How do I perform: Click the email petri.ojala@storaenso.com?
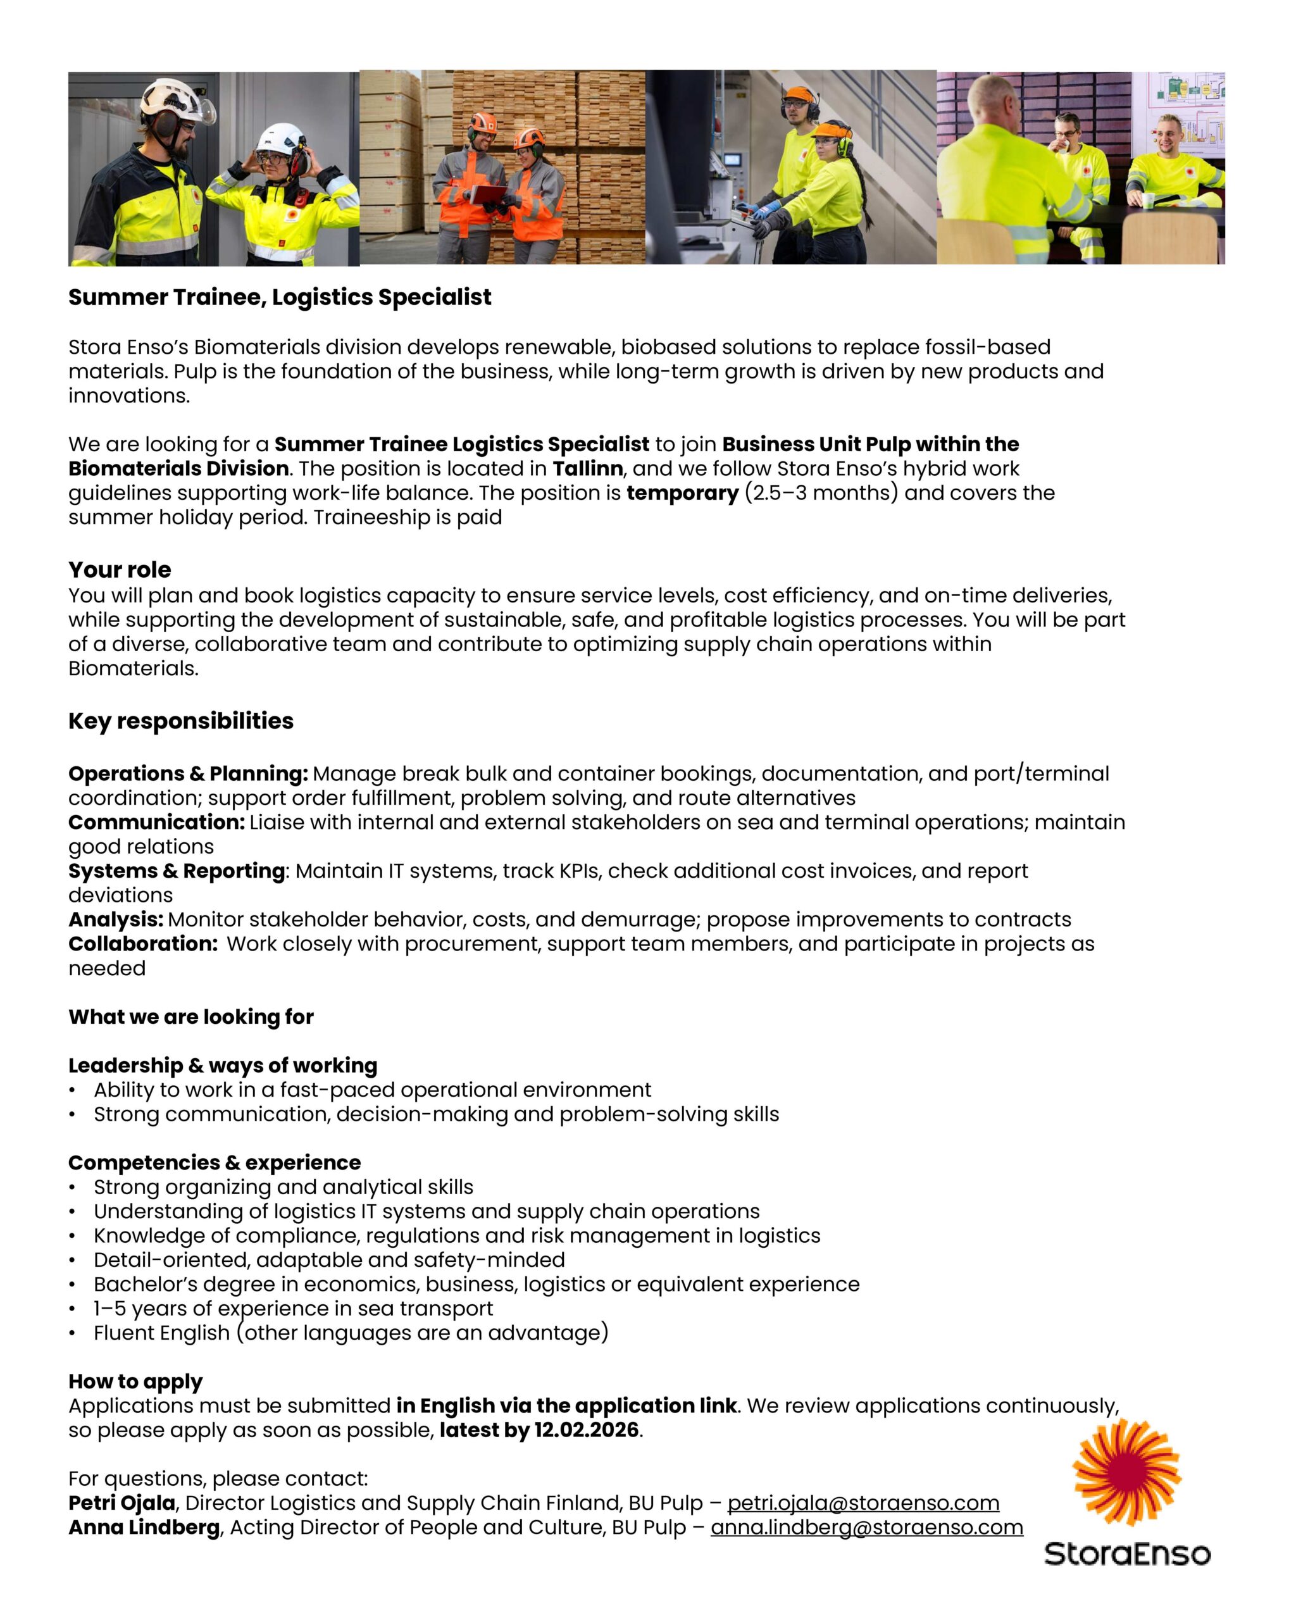point(863,1503)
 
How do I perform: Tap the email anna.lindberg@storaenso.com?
point(866,1527)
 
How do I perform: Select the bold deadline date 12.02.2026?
point(586,1430)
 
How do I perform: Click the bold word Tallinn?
point(587,469)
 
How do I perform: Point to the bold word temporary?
point(682,493)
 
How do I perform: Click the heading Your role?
point(120,570)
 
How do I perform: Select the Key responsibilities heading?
point(180,721)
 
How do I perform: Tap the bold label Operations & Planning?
point(188,773)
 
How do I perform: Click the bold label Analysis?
point(116,919)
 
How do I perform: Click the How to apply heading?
point(135,1381)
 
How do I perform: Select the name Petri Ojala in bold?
point(121,1503)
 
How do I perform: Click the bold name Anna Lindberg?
point(144,1527)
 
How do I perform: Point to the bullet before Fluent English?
point(72,1334)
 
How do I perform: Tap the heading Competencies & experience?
point(214,1162)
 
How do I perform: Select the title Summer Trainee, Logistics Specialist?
point(280,297)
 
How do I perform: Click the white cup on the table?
point(1147,200)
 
